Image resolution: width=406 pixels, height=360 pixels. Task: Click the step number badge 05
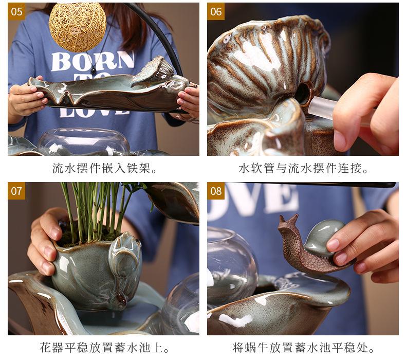tap(17, 11)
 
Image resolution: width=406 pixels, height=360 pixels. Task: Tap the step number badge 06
tap(216, 11)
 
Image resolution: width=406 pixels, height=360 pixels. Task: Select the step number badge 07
tap(17, 191)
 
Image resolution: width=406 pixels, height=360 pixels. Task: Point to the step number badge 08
tap(216, 191)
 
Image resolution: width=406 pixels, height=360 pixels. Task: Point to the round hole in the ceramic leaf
tap(302, 94)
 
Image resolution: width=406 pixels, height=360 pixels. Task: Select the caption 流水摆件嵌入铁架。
tap(104, 168)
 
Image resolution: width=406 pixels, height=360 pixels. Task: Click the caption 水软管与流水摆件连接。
tap(303, 168)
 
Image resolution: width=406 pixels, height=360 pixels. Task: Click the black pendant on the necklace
tap(94, 70)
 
